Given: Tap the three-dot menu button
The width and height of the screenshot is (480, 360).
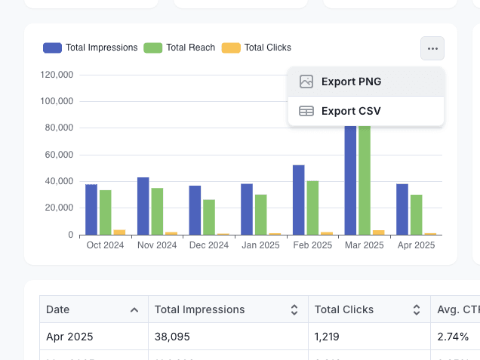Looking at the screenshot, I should point(432,48).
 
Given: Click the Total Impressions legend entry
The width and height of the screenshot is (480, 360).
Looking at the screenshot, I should point(91,48).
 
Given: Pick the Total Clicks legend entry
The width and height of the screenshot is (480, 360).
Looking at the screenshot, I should point(257,48).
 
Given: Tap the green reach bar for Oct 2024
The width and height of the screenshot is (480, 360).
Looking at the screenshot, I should point(106,212).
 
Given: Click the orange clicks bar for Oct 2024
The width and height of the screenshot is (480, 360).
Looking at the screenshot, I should point(119,232).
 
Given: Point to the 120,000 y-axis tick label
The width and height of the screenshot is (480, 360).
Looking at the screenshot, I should point(57,75).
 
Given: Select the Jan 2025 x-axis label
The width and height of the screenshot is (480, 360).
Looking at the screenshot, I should point(260,245).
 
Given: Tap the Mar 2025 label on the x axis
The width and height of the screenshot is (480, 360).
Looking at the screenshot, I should point(364,245).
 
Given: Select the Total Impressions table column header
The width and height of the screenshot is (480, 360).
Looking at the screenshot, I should point(200,309).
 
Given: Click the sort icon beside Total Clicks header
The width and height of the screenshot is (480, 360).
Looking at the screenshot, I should point(416,309).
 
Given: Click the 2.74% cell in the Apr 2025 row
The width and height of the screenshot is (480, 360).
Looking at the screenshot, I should point(453,337).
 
